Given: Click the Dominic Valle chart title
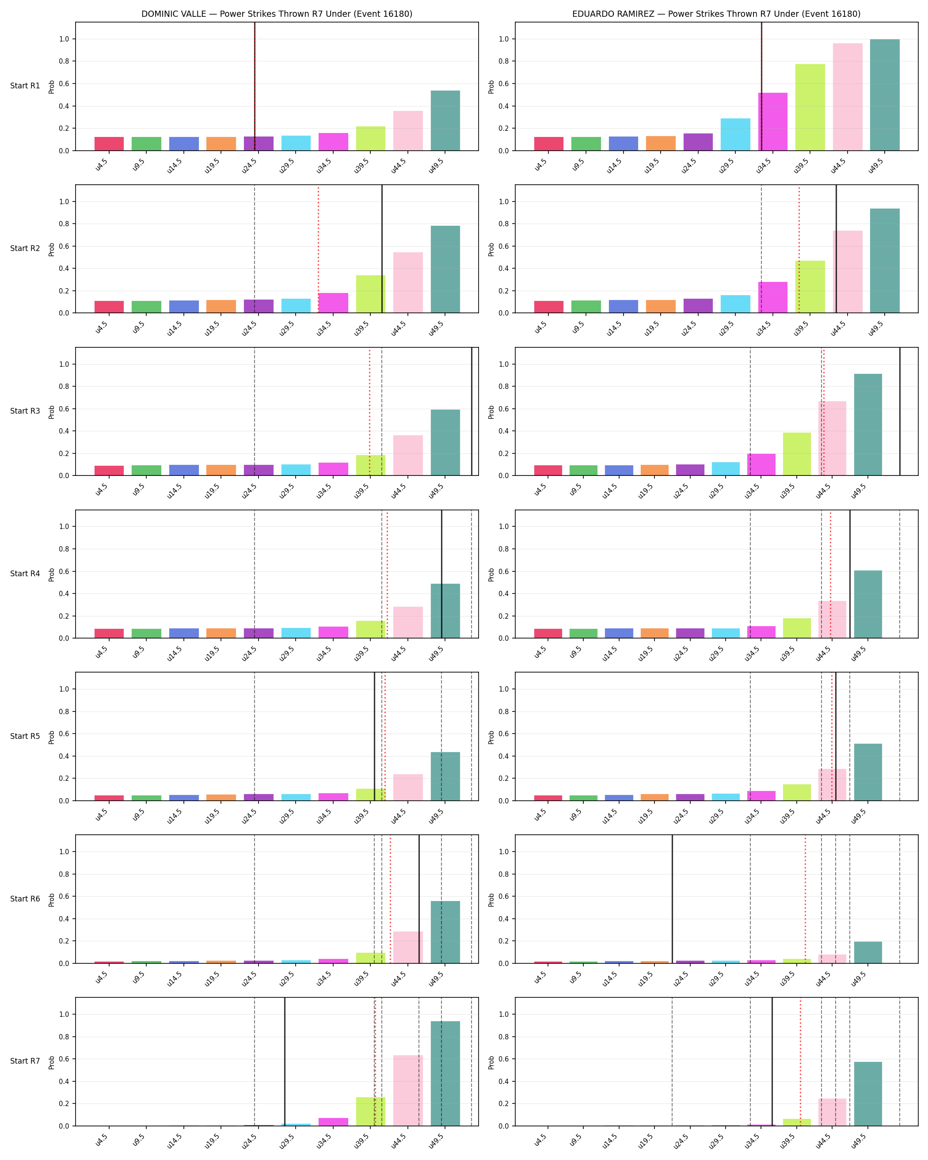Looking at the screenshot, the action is [x=277, y=14].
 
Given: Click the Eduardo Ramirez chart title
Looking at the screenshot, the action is [x=716, y=14].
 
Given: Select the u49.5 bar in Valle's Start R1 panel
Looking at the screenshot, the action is [x=445, y=121].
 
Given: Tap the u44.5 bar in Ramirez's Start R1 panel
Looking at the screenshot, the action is [x=847, y=97].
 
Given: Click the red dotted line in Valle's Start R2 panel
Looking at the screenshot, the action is [x=318, y=249].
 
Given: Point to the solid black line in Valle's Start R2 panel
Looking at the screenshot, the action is [x=382, y=249].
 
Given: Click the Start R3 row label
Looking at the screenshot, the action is [x=25, y=411].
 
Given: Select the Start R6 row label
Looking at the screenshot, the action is [x=25, y=898].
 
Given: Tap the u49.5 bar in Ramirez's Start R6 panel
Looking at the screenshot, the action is [x=868, y=952].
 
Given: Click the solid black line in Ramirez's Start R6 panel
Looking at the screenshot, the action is [x=672, y=899].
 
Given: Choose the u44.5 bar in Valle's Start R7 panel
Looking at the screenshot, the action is [x=408, y=1090].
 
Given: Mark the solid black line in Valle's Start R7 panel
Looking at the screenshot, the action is [x=285, y=1061].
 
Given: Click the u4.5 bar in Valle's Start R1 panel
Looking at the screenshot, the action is [x=109, y=144].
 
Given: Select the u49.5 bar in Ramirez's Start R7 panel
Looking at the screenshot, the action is [x=868, y=1094].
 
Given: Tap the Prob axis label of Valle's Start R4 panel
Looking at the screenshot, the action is [x=52, y=574].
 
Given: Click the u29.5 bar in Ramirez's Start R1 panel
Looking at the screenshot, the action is [x=735, y=134].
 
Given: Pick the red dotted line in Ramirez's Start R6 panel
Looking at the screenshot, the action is [x=805, y=899].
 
